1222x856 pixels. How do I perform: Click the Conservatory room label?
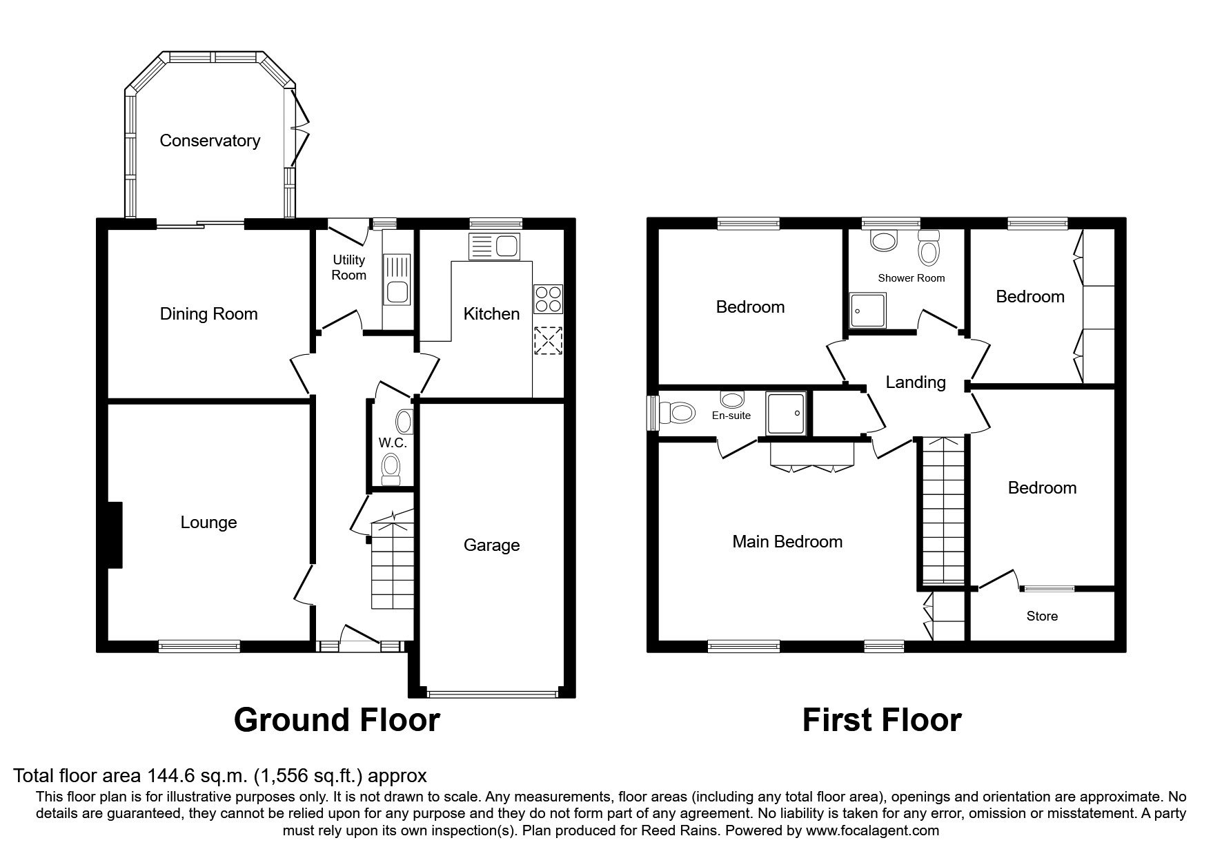click(x=210, y=141)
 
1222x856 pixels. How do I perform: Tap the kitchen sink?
click(x=494, y=246)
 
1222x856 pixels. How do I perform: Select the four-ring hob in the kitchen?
click(x=548, y=299)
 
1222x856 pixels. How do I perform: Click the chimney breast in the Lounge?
click(x=115, y=535)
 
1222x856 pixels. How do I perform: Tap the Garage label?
click(x=491, y=545)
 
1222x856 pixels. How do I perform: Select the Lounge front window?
click(x=199, y=646)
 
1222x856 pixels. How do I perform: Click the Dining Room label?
click(x=208, y=314)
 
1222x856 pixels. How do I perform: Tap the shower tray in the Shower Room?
click(x=867, y=310)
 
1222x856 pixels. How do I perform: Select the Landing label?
click(x=916, y=382)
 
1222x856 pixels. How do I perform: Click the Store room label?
click(x=1042, y=616)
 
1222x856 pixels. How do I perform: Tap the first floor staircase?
click(x=943, y=511)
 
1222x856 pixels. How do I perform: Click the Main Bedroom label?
click(x=787, y=542)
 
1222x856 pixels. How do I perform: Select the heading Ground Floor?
click(x=337, y=720)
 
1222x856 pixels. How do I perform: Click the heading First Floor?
click(x=882, y=720)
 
